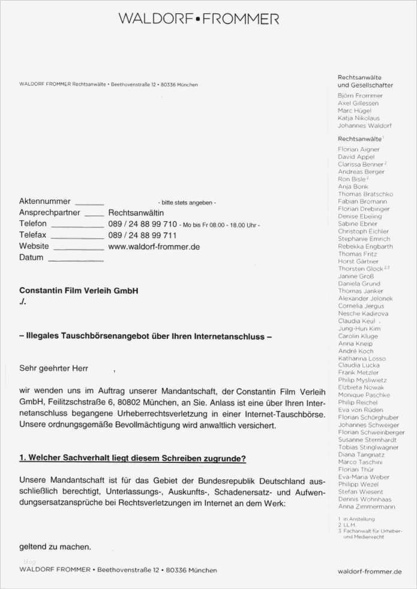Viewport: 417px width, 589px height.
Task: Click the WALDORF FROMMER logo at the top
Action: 199,19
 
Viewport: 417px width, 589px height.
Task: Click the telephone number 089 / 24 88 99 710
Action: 142,224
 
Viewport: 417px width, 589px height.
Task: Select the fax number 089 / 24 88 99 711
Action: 142,235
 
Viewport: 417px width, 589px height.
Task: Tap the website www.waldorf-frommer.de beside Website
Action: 154,247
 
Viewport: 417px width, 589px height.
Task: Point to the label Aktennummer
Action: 44,202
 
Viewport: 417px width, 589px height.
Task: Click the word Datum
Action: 31,257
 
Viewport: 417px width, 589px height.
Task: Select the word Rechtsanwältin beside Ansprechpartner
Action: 136,213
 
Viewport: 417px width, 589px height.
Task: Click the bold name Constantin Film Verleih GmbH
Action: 79,290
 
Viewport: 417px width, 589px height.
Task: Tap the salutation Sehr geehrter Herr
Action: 53,368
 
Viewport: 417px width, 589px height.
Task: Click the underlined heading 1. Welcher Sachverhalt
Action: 132,458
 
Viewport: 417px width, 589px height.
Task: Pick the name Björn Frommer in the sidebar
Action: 360,96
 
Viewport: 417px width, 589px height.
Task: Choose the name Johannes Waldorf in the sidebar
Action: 364,126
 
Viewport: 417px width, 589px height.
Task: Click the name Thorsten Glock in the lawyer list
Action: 361,269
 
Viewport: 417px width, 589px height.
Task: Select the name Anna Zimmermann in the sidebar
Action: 367,507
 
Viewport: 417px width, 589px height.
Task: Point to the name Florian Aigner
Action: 359,149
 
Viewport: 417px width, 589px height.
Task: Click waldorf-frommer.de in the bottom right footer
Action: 370,572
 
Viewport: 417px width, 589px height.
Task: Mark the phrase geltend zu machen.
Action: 55,547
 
